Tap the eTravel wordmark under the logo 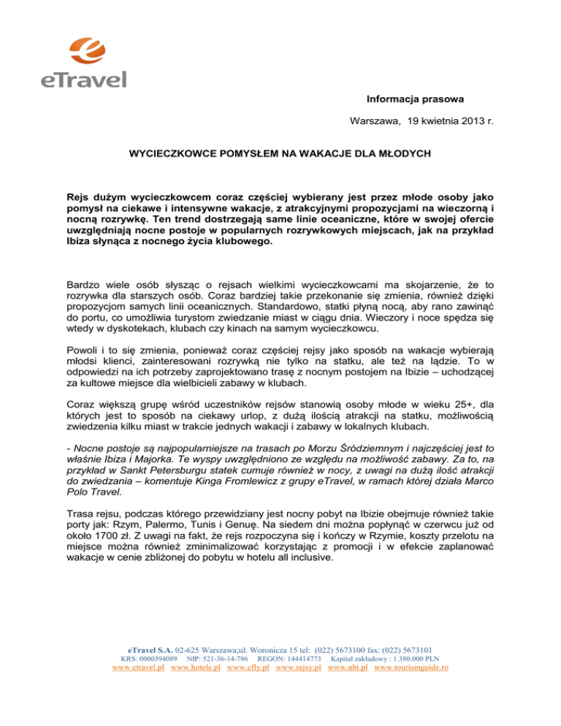coord(83,80)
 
